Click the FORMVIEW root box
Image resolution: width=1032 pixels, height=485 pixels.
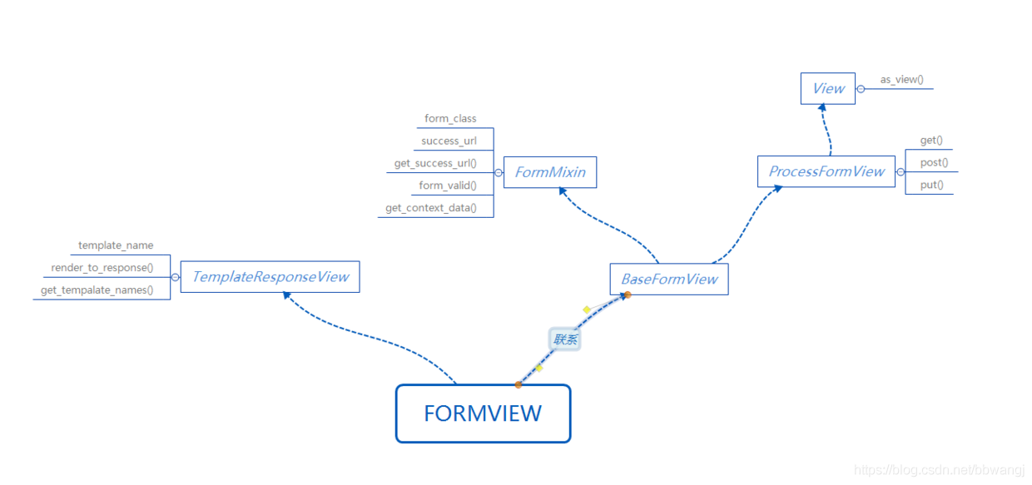click(483, 413)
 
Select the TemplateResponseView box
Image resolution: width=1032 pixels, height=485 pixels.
click(270, 277)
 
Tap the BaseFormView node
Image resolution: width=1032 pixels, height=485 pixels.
click(669, 280)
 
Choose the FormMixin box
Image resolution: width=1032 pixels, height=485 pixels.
click(550, 172)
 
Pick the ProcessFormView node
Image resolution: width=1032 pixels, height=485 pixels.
click(826, 171)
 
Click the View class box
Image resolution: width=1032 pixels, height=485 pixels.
click(828, 88)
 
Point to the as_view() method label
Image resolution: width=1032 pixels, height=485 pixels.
click(902, 80)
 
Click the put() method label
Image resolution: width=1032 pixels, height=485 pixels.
click(932, 186)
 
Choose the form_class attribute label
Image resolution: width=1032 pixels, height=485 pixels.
click(450, 119)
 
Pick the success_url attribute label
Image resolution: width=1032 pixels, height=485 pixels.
click(449, 141)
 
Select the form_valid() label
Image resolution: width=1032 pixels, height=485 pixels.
click(448, 186)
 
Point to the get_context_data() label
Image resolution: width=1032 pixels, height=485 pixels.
click(431, 208)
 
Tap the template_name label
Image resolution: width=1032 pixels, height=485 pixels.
click(116, 245)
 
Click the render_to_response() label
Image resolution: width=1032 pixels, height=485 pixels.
click(102, 268)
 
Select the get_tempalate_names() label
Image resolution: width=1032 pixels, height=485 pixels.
click(97, 290)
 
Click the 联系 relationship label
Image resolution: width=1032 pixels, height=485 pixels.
click(565, 339)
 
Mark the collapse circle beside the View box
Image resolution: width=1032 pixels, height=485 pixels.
click(861, 89)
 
